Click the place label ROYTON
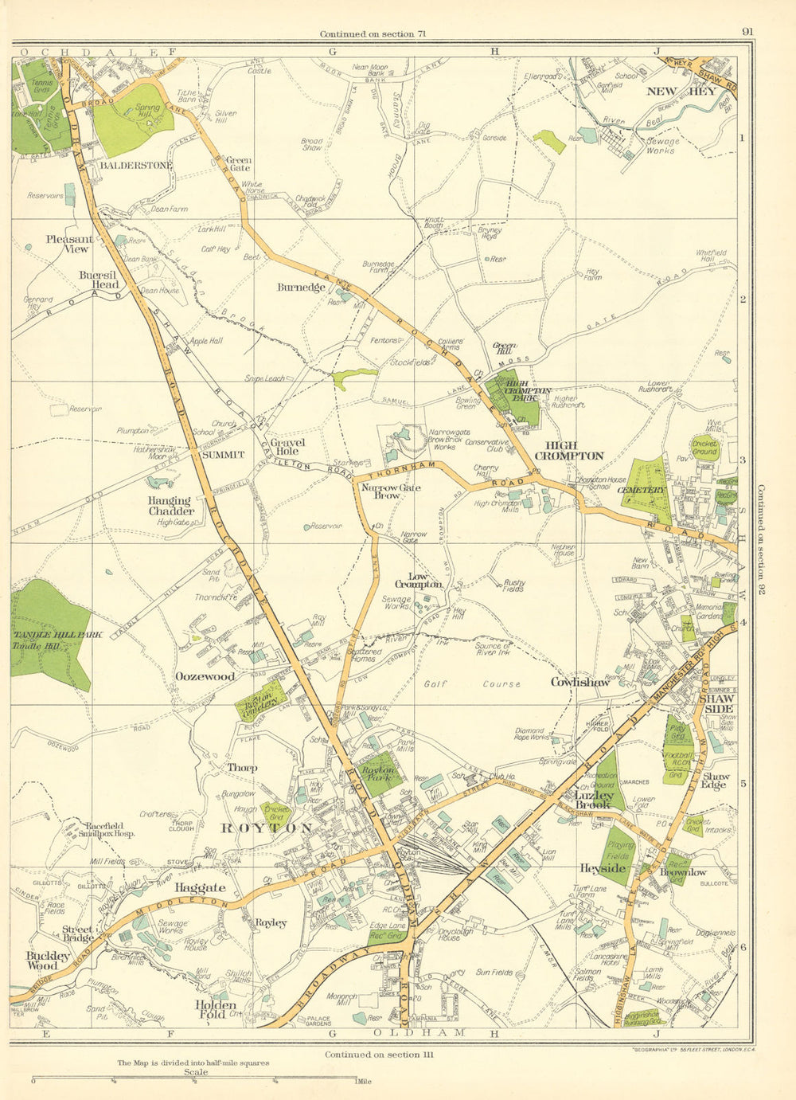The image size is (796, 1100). click(x=266, y=828)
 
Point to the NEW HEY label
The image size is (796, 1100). click(x=670, y=92)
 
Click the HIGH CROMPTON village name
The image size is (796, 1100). click(x=568, y=450)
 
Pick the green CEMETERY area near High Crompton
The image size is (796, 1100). click(x=643, y=488)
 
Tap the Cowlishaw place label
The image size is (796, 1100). click(x=580, y=682)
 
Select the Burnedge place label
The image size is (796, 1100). click(x=302, y=287)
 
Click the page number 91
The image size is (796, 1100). click(x=746, y=32)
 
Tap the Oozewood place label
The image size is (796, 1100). click(x=205, y=676)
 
